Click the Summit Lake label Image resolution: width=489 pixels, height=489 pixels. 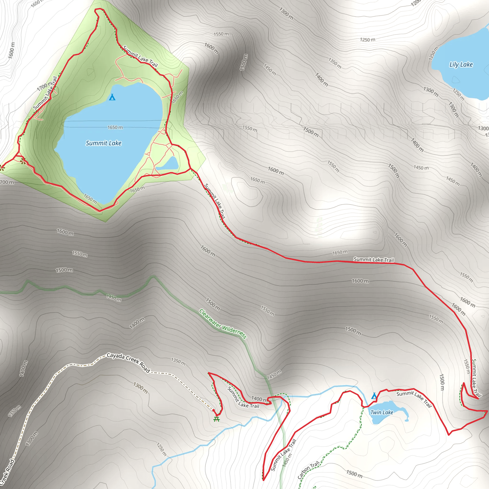coord(104,143)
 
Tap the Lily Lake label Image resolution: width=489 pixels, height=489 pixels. coord(461,64)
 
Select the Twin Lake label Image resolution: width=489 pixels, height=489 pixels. coord(382,412)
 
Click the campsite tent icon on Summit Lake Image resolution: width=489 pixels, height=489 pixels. coord(112,97)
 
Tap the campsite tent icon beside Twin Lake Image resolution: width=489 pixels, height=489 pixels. coord(374,396)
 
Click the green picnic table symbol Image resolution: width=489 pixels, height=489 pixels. coord(216,419)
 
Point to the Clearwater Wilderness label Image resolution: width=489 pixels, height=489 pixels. coord(223,324)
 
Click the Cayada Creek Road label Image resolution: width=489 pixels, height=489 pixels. coord(128,363)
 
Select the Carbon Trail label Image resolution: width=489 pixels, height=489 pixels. coord(308,470)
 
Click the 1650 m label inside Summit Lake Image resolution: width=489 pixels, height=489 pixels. coord(115,127)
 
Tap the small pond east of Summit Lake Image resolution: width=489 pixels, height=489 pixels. coord(168,164)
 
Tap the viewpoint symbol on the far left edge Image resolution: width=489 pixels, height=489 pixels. coord(2,168)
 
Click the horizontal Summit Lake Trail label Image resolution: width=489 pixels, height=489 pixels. coord(374,260)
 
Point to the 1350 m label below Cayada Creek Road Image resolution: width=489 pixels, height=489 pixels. coord(178,362)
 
